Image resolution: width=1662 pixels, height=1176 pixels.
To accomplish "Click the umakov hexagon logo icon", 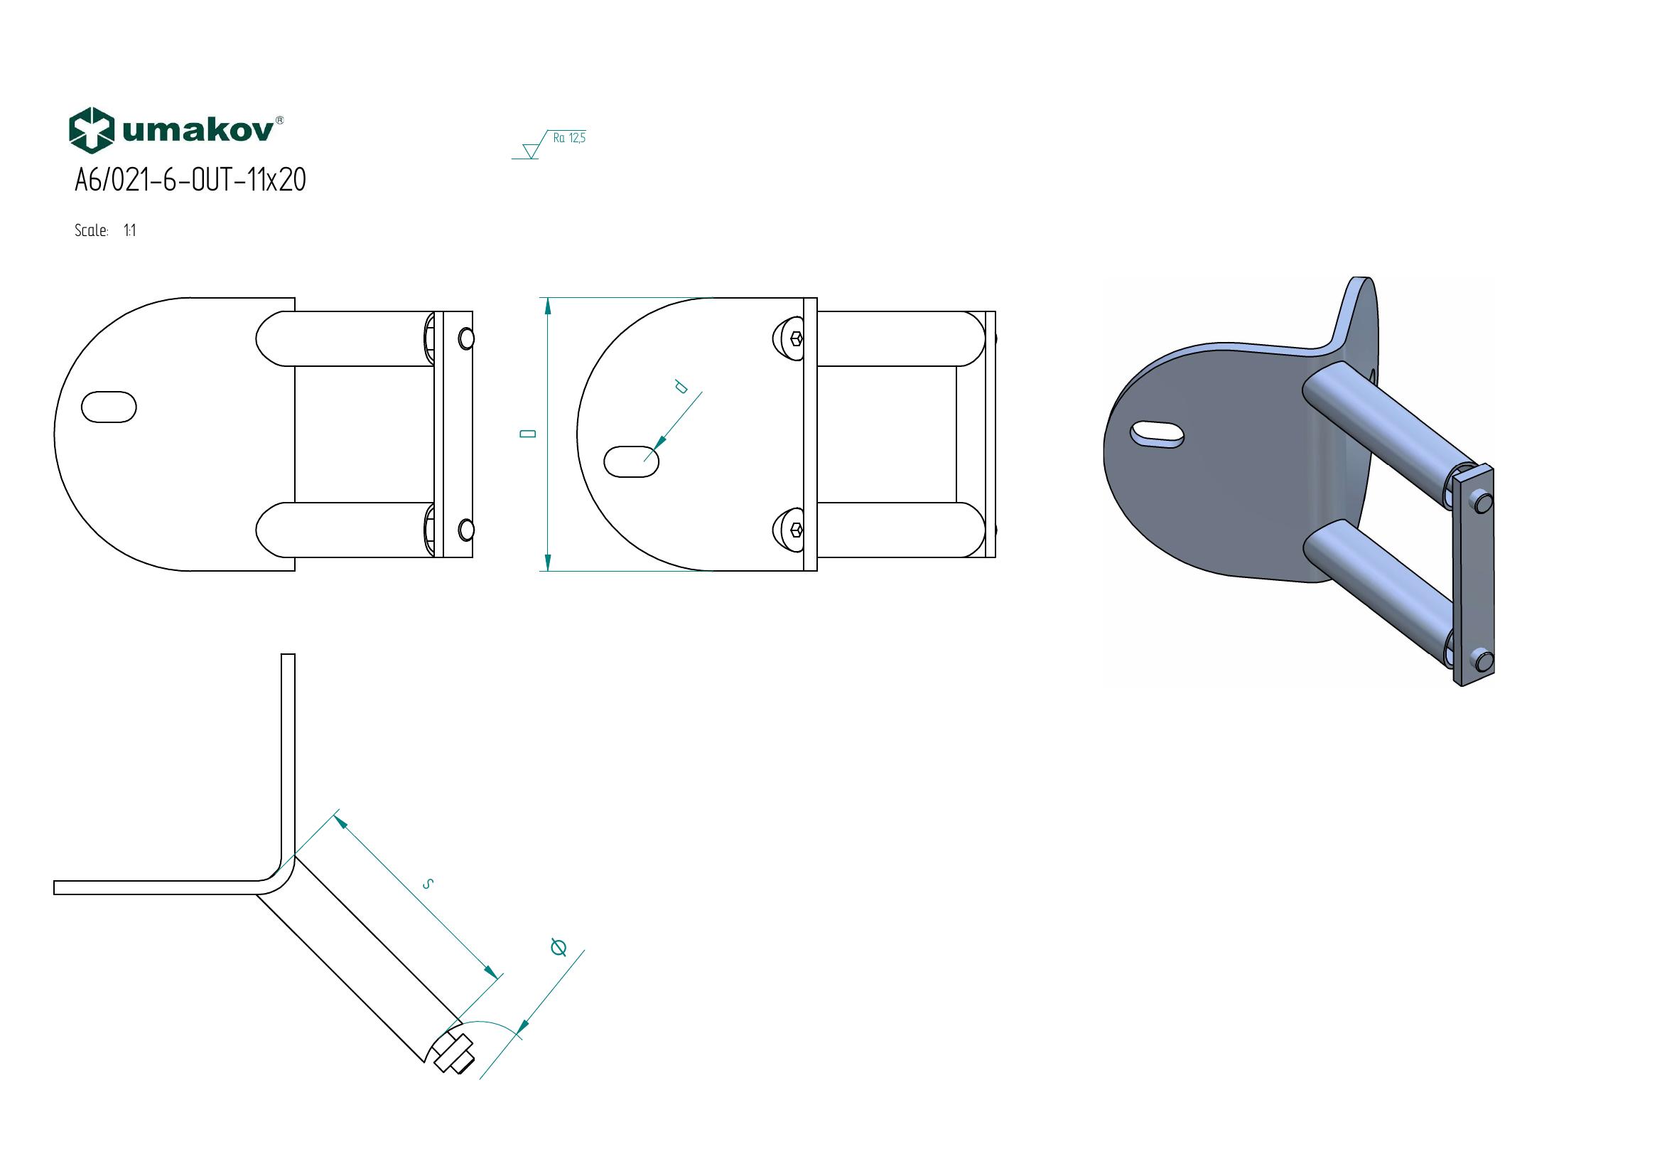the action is (x=91, y=130).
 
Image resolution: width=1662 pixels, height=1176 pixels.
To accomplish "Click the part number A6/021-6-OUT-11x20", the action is (x=190, y=181).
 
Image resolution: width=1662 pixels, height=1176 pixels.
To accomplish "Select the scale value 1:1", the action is (x=129, y=231).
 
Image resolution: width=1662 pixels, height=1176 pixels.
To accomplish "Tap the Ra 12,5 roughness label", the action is (x=569, y=138).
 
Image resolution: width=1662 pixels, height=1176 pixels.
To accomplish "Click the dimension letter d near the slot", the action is (x=681, y=387).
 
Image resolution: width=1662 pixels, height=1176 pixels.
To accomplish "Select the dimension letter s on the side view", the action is (x=428, y=884).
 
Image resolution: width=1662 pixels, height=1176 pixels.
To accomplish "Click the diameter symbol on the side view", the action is (x=558, y=946).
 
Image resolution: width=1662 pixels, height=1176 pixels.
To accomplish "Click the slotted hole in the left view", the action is (x=109, y=407).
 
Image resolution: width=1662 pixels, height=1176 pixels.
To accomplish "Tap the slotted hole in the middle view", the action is (x=631, y=462).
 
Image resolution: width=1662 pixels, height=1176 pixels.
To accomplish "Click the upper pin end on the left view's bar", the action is (x=467, y=339).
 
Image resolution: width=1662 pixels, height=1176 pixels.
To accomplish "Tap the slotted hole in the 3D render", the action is (x=1157, y=434).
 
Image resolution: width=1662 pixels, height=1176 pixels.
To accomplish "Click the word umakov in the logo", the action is (x=199, y=130).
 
